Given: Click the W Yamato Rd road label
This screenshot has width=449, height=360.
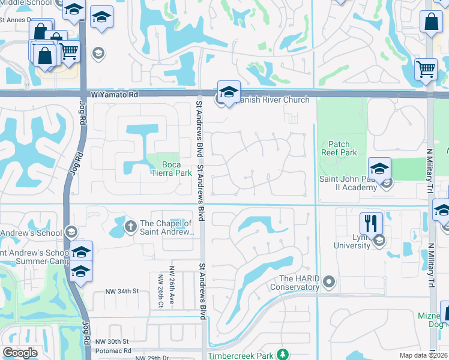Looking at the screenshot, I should click(x=115, y=95).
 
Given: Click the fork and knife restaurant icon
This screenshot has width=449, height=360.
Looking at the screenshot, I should click(x=371, y=223).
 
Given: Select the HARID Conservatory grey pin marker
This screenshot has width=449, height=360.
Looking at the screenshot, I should click(x=328, y=281).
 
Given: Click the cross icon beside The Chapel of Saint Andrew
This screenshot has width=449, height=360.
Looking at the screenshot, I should click(x=130, y=226).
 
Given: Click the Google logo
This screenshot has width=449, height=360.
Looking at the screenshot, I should click(x=20, y=352).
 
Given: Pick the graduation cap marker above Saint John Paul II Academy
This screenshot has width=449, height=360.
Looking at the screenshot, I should click(x=379, y=169).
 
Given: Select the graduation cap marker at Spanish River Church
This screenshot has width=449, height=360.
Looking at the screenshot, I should click(x=228, y=92).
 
